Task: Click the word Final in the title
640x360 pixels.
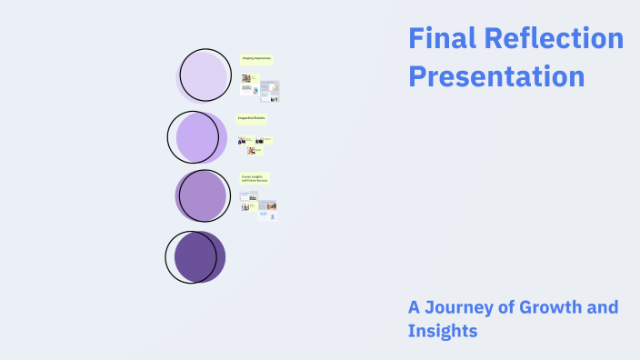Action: point(438,39)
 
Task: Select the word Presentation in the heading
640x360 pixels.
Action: point(496,76)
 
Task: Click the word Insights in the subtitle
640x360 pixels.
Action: point(443,331)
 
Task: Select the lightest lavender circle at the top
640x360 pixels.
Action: point(204,76)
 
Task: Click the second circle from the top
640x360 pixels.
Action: point(198,137)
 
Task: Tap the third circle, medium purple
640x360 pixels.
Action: point(202,195)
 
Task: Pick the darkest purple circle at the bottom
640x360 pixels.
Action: point(197,256)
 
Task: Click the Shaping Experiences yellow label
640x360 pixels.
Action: point(255,59)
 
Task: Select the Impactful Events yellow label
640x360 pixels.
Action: point(251,118)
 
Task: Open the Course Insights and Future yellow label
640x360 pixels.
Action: point(255,178)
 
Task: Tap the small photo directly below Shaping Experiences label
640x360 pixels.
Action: point(246,79)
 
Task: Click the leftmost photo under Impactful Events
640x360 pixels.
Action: point(242,140)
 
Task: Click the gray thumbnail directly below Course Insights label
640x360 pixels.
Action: point(248,195)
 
